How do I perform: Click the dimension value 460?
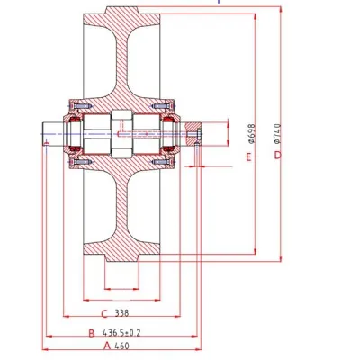pos(121,346)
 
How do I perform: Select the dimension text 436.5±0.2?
pos(121,333)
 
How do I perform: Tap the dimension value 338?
pos(121,313)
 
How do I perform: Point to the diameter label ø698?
pos(251,133)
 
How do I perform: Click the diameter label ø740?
pos(277,133)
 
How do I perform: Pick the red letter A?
pos(107,346)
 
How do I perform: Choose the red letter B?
pos(92,333)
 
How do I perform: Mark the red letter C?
pos(104,314)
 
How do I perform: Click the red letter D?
pos(278,155)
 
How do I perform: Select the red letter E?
pos(248,157)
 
